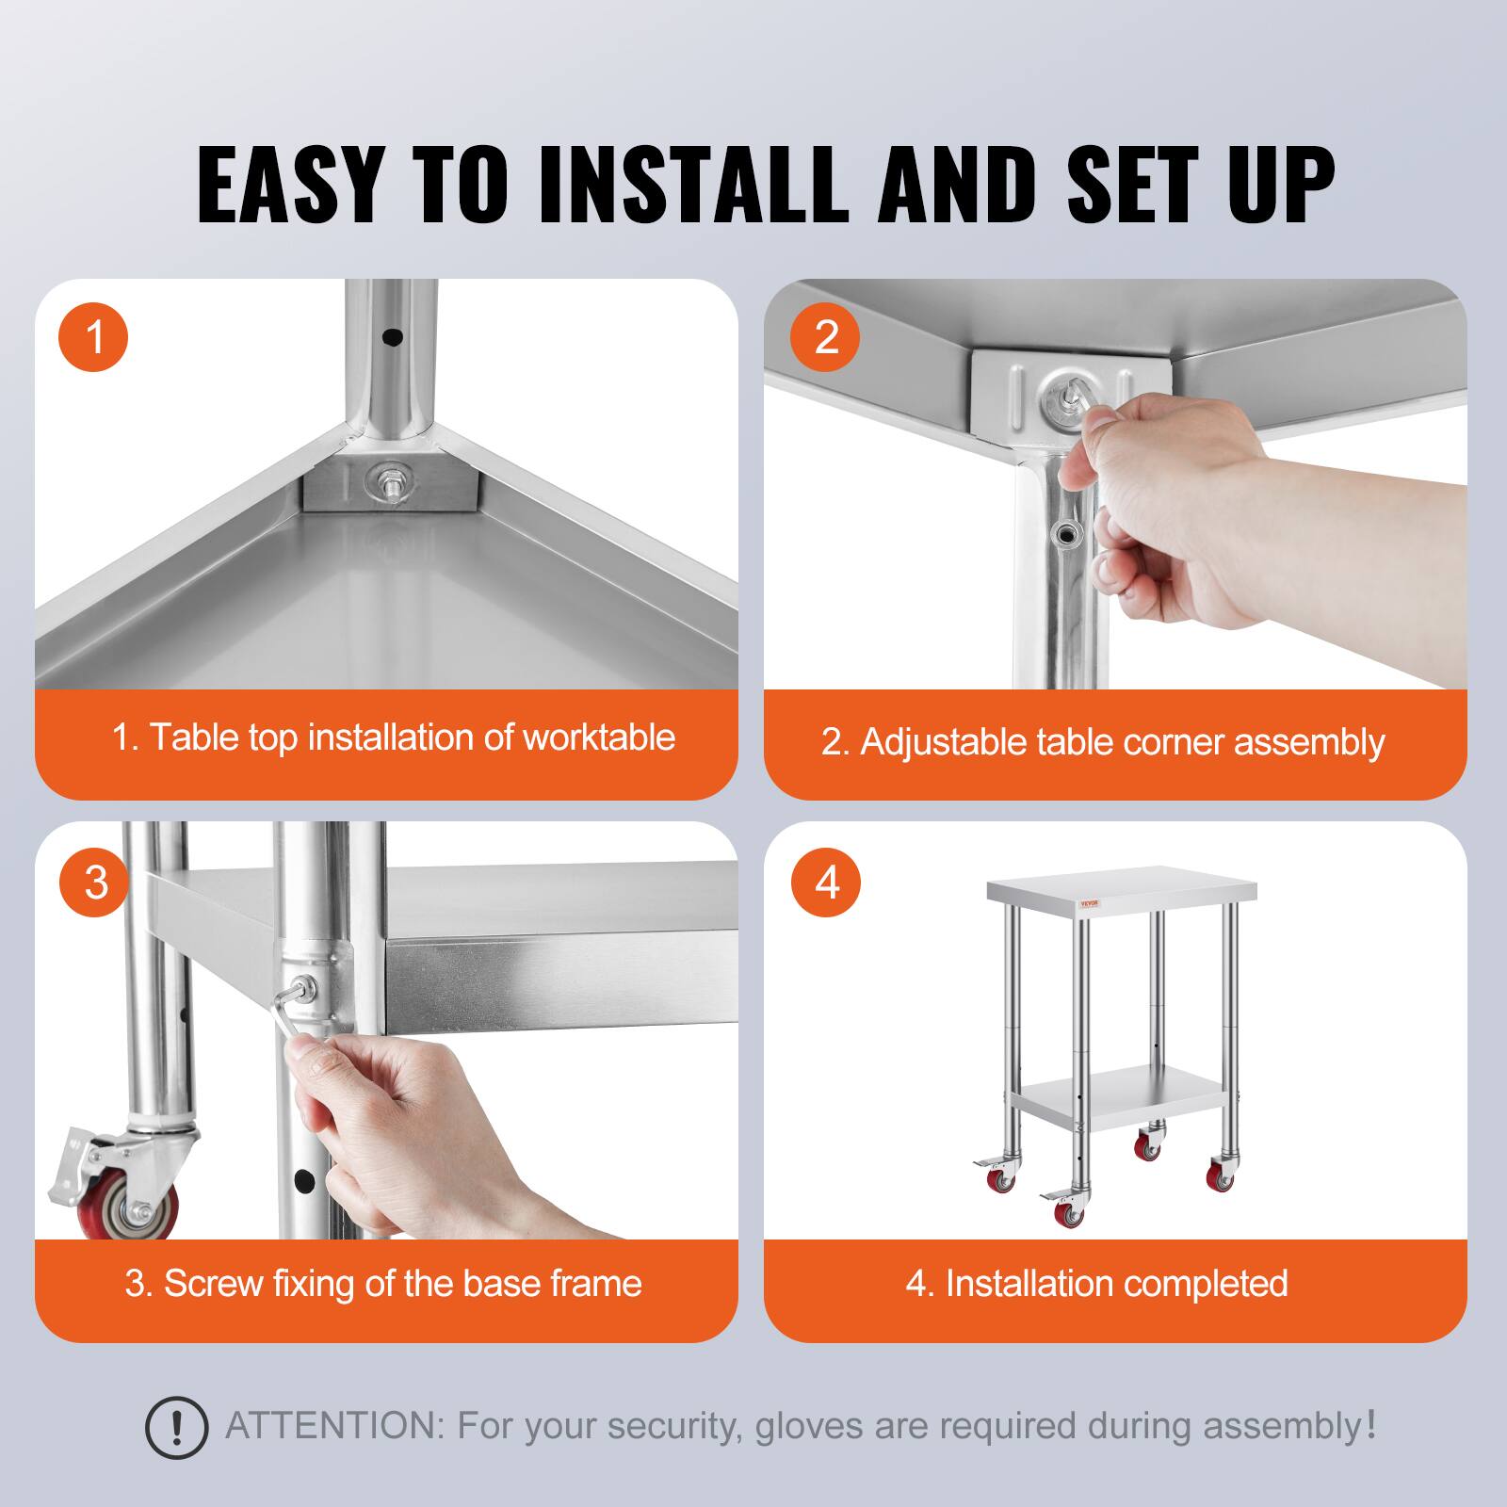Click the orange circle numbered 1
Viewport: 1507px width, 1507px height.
[93, 336]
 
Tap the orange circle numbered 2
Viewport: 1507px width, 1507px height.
[825, 336]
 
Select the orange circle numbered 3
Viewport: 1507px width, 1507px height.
[95, 883]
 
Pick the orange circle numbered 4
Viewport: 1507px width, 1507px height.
[827, 883]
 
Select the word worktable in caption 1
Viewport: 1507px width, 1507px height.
[599, 737]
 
